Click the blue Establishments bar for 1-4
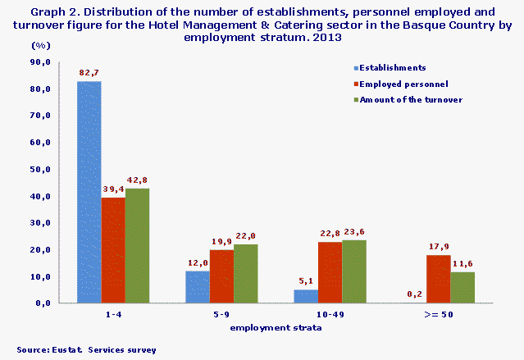[x=89, y=193]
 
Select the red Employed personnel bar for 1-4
[x=113, y=250]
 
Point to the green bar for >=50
[x=462, y=287]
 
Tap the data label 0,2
[x=413, y=295]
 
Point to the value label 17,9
[x=438, y=247]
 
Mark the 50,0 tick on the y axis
[x=40, y=169]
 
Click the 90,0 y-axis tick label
[x=40, y=62]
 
